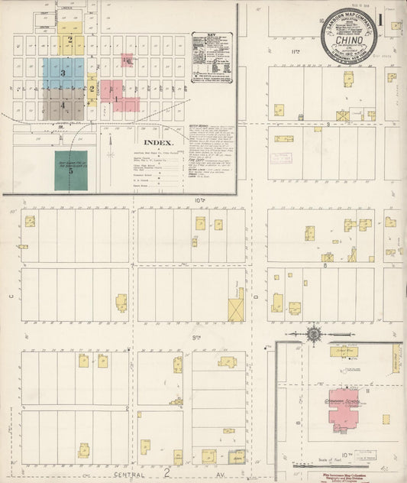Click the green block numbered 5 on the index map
(x=70, y=170)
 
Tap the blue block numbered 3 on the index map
(x=63, y=73)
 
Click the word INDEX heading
(x=159, y=142)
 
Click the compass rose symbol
(x=314, y=334)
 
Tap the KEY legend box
(x=213, y=57)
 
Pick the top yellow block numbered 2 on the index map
(x=71, y=40)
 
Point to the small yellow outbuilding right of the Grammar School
(x=386, y=420)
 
